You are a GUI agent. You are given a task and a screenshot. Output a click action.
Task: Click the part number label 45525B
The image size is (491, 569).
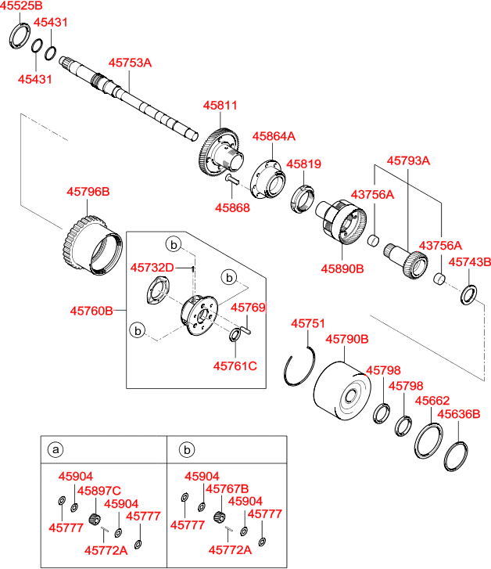click(21, 5)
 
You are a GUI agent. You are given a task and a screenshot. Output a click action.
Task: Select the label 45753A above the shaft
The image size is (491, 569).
click(130, 63)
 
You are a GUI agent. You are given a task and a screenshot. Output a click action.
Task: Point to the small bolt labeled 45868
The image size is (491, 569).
click(231, 179)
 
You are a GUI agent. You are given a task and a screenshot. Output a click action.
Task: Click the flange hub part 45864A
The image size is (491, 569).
click(268, 179)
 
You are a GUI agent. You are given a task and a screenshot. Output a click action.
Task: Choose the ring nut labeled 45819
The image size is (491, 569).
click(303, 199)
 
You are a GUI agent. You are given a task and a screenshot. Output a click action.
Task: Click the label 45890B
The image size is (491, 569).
click(342, 269)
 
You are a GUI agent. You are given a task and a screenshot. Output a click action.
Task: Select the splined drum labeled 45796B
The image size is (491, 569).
click(92, 245)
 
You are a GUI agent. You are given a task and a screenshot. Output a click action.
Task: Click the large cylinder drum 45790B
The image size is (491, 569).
click(342, 391)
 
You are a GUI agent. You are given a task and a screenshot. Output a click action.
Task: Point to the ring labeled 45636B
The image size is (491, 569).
click(456, 456)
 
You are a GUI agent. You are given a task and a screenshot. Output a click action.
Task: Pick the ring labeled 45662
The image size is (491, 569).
click(428, 441)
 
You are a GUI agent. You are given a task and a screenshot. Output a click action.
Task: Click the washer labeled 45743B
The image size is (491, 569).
click(468, 295)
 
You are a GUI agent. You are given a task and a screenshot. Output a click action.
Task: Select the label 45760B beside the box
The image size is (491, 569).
click(91, 311)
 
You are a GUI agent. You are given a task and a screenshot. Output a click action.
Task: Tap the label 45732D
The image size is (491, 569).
click(152, 268)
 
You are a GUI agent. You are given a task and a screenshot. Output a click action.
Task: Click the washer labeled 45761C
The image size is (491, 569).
click(235, 334)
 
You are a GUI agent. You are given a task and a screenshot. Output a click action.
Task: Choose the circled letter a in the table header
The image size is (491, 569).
click(56, 449)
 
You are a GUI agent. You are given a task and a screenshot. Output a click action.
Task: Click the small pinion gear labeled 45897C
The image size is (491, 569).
click(95, 519)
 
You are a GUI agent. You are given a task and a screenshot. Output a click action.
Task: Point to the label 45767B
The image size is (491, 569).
click(227, 489)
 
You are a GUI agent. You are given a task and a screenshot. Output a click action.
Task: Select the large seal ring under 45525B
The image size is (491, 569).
click(20, 35)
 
